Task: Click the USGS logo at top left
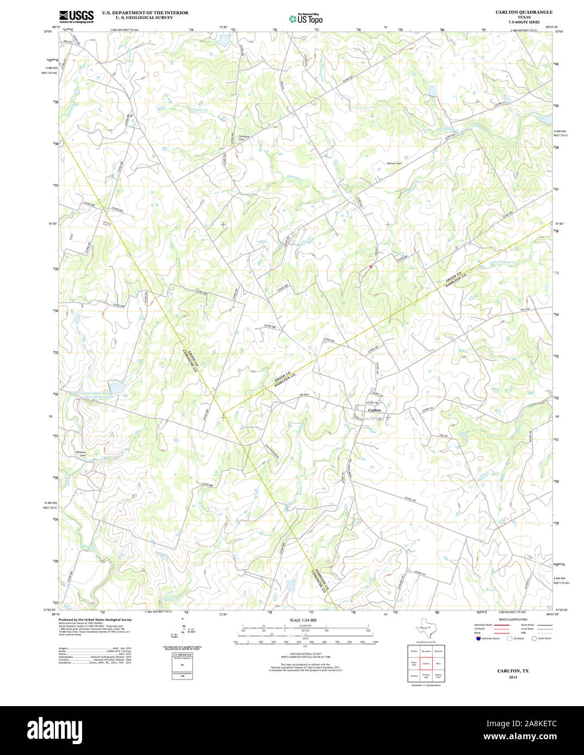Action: click(76, 16)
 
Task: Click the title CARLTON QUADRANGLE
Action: click(524, 12)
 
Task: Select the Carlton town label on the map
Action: click(375, 410)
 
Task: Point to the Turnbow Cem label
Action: click(244, 137)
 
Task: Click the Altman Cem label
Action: click(394, 163)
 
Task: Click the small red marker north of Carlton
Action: click(370, 267)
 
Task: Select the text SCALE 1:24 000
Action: click(303, 620)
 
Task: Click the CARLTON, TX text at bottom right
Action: click(513, 671)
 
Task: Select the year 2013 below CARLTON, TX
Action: click(513, 677)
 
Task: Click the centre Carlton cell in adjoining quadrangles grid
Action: click(426, 663)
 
